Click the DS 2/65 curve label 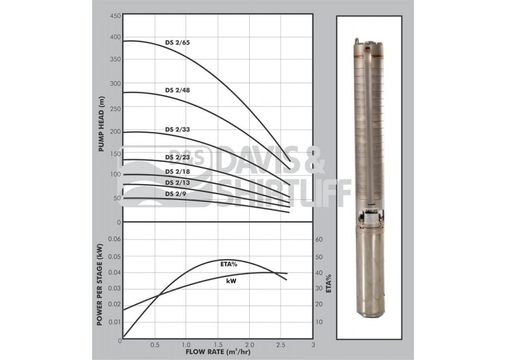coord(178,42)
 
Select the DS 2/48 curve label coord(178,91)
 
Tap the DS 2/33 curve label coord(178,129)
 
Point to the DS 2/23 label coord(178,157)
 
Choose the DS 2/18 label coord(178,171)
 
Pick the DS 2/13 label coord(178,183)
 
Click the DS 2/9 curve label coord(176,194)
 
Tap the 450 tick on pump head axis coord(115,16)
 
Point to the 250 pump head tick coord(115,109)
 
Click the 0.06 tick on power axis coord(114,239)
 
